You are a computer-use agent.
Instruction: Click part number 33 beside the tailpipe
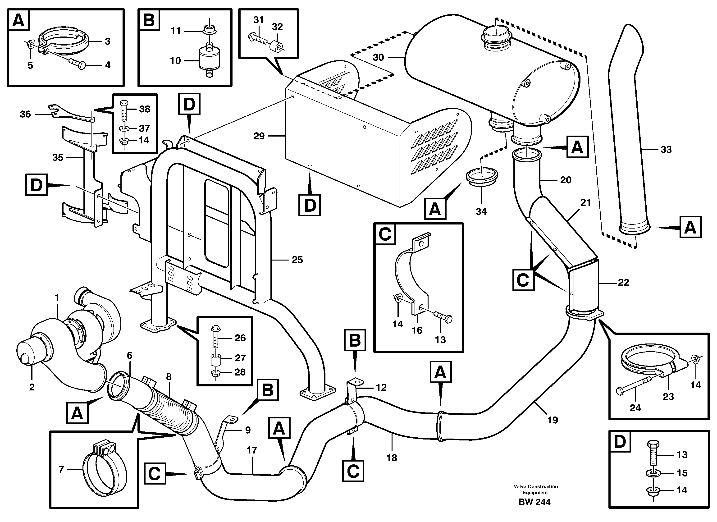[x=666, y=150]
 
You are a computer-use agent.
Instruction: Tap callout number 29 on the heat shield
[x=259, y=136]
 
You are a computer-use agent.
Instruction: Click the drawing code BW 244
[x=534, y=502]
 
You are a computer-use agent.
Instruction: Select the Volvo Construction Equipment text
[x=535, y=490]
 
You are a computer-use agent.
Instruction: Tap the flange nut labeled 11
[x=208, y=30]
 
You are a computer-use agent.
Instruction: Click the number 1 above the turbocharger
[x=57, y=298]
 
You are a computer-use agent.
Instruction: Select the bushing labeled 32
[x=276, y=46]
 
